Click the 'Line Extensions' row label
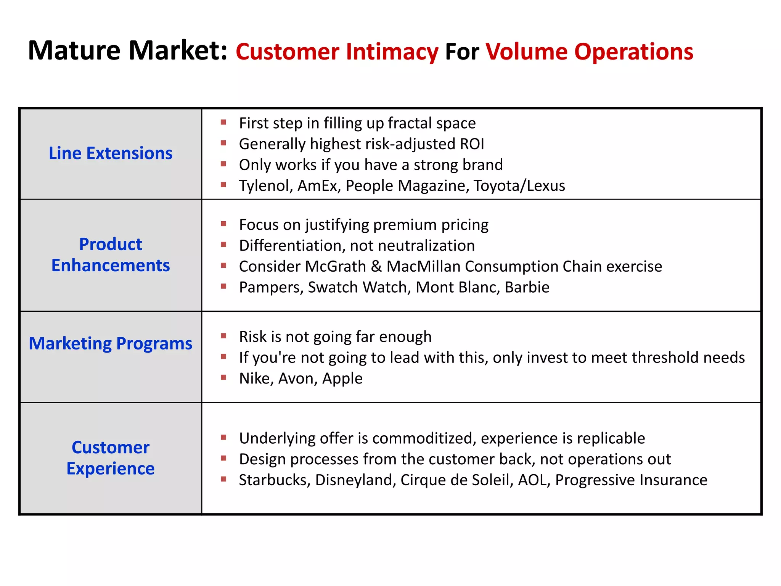(x=110, y=153)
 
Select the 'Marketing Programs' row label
(x=110, y=343)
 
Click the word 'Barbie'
(x=527, y=287)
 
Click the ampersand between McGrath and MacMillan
(x=376, y=266)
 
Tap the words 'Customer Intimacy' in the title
(x=337, y=52)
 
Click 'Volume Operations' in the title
(x=589, y=52)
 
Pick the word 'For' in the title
(x=462, y=52)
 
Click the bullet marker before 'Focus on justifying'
(x=223, y=224)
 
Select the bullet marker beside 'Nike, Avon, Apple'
(x=223, y=378)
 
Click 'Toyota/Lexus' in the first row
(x=519, y=186)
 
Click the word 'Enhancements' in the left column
(x=111, y=266)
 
